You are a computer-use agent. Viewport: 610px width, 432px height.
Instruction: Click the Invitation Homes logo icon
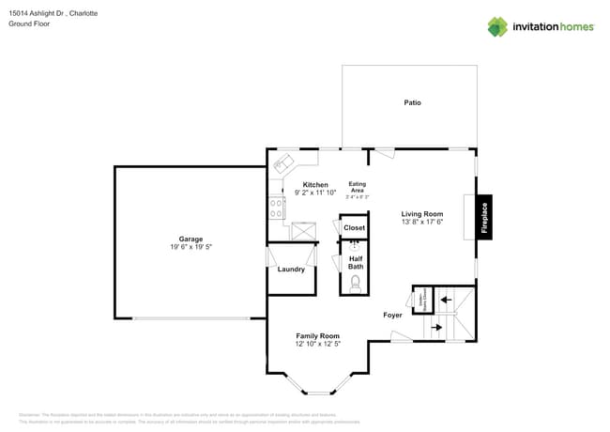click(497, 26)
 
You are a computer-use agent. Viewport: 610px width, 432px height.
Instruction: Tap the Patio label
click(412, 102)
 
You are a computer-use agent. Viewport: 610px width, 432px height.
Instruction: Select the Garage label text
click(191, 239)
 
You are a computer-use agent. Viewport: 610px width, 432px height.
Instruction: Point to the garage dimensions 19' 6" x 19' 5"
click(191, 247)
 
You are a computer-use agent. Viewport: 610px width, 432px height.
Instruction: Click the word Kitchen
click(314, 185)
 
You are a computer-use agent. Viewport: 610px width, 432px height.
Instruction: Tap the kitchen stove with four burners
click(277, 208)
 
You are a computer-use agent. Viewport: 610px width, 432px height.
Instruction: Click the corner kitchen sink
click(282, 164)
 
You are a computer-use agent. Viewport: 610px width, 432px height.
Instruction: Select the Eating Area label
click(358, 187)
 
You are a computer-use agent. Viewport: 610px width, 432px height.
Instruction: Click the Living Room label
click(421, 214)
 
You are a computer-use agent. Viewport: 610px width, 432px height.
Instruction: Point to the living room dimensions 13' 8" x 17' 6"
click(421, 223)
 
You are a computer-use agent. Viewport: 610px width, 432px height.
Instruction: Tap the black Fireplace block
click(484, 218)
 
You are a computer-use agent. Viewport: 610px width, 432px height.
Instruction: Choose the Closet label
click(355, 228)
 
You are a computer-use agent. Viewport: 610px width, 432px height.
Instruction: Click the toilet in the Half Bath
click(355, 288)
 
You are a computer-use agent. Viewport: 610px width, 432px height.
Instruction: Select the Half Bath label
click(356, 263)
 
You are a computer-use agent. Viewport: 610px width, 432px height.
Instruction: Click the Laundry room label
click(291, 270)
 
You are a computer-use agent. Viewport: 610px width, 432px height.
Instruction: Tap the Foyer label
click(392, 315)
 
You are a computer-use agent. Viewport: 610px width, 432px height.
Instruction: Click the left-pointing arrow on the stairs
click(446, 301)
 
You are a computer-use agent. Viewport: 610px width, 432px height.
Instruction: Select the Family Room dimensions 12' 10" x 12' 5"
click(317, 345)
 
